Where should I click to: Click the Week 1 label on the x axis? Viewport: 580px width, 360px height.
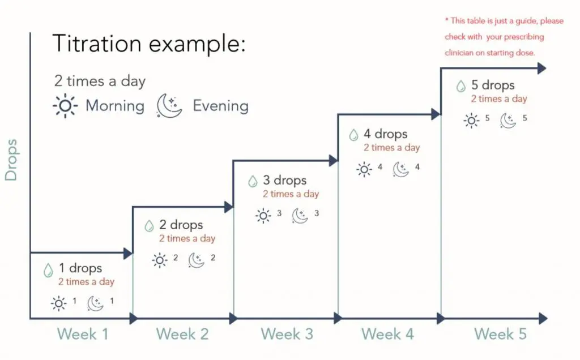click(83, 334)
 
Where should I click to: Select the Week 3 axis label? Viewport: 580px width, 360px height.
click(287, 334)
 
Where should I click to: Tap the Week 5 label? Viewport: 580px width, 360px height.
click(501, 334)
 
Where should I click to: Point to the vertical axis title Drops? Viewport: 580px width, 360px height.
click(11, 160)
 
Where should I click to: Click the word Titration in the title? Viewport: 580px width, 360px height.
click(97, 43)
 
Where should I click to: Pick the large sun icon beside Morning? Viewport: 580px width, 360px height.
click(65, 106)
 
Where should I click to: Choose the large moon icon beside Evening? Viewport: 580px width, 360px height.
click(169, 106)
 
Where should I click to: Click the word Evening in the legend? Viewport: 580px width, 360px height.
click(221, 106)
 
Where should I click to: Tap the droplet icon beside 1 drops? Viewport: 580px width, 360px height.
click(48, 270)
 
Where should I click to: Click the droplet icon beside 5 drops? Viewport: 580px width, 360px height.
click(460, 87)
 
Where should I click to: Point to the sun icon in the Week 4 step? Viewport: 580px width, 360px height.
click(364, 169)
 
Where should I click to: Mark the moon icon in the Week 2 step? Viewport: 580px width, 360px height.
click(197, 260)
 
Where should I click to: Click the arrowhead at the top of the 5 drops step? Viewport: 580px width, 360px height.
click(542, 68)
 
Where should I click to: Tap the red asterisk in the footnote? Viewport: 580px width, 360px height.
click(447, 20)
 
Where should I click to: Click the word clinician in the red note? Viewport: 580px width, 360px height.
click(459, 53)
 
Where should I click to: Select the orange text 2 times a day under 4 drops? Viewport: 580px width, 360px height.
click(392, 148)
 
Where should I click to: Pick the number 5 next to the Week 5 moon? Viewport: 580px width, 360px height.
click(524, 118)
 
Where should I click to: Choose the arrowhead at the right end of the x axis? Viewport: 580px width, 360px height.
click(543, 318)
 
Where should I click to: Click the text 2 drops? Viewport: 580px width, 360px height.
click(181, 225)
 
